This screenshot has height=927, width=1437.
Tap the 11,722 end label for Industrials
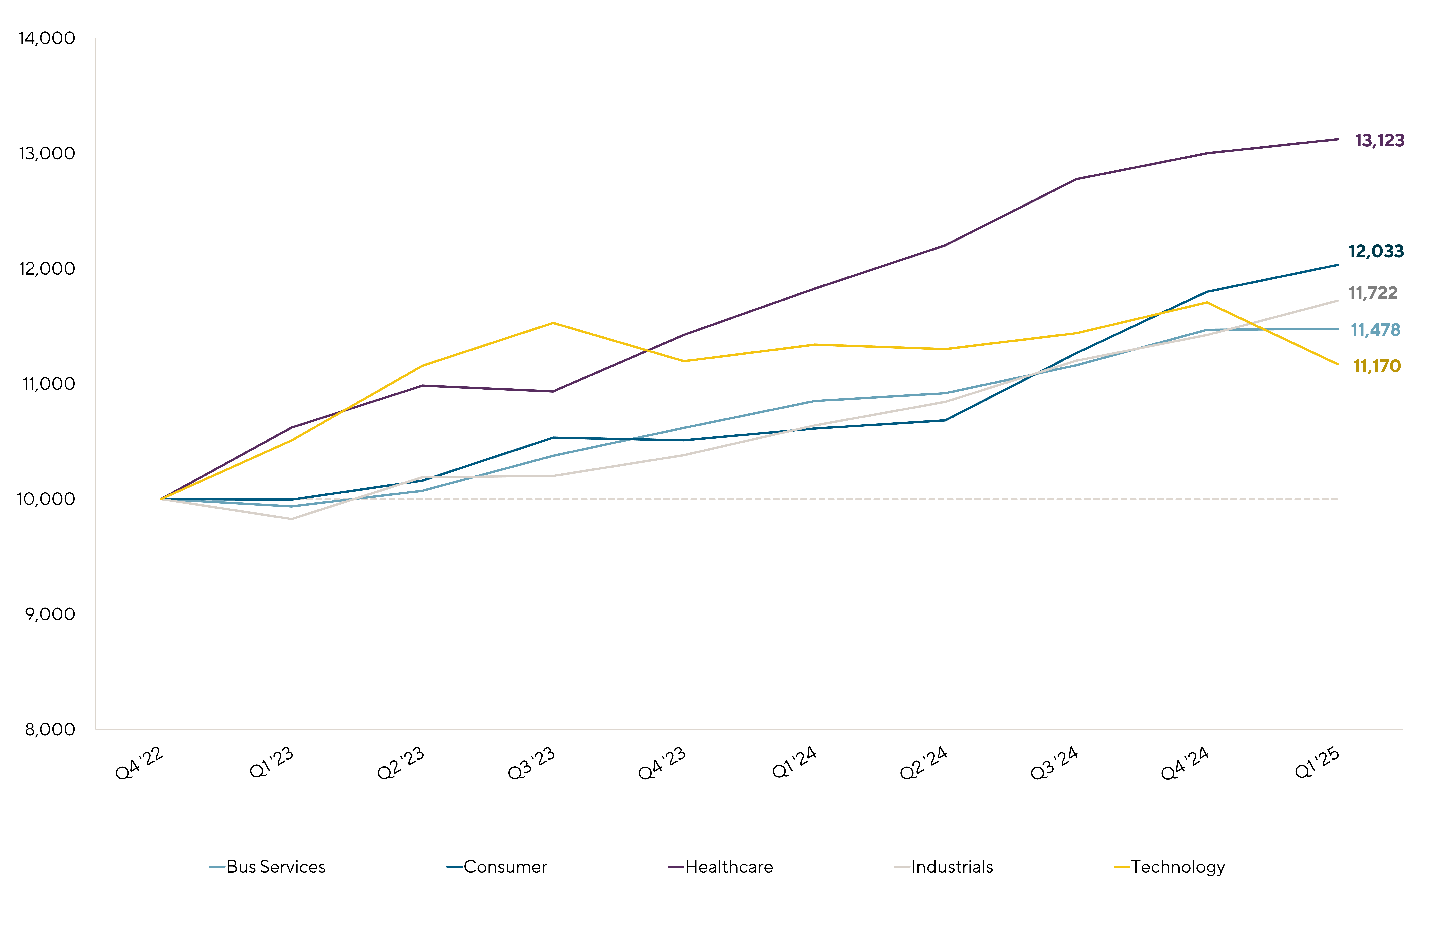click(1373, 293)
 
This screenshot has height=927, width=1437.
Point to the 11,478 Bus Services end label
click(1376, 330)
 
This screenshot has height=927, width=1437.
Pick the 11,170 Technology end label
click(1377, 366)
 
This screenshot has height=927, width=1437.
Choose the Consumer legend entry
click(497, 867)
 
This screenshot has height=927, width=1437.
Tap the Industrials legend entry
click(944, 867)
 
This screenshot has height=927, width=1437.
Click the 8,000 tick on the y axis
click(50, 730)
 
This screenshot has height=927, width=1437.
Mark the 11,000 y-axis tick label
click(49, 384)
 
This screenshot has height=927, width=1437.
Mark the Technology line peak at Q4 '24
click(1206, 302)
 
